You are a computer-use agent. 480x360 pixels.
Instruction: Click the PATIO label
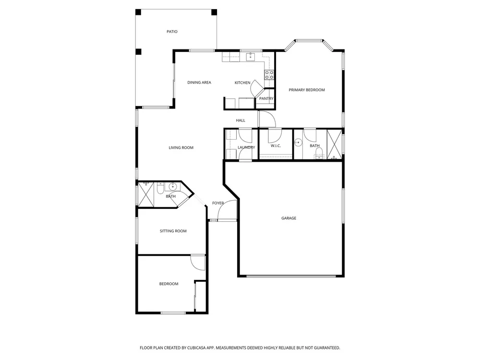[x=172, y=32]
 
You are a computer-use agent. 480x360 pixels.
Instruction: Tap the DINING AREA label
[x=199, y=83]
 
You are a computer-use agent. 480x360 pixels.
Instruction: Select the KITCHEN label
[x=242, y=83]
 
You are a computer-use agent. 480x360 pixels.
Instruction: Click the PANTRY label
[x=266, y=98]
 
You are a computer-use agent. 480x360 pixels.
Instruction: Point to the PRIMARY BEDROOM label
[x=307, y=90]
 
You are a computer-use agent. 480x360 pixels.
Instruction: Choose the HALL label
[x=240, y=120]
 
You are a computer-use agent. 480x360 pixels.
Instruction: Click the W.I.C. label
[x=276, y=146]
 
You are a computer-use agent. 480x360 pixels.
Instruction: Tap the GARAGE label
[x=288, y=218]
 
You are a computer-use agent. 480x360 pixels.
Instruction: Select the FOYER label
[x=218, y=203]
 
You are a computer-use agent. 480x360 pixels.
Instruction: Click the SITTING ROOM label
[x=173, y=231]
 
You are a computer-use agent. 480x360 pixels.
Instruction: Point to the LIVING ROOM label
[x=181, y=147]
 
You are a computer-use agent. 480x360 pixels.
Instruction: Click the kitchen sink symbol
[x=251, y=57]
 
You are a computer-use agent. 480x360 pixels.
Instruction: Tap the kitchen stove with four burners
[x=269, y=75]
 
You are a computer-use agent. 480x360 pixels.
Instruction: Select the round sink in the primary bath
[x=298, y=143]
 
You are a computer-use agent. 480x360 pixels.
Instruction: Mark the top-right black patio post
[x=214, y=12]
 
